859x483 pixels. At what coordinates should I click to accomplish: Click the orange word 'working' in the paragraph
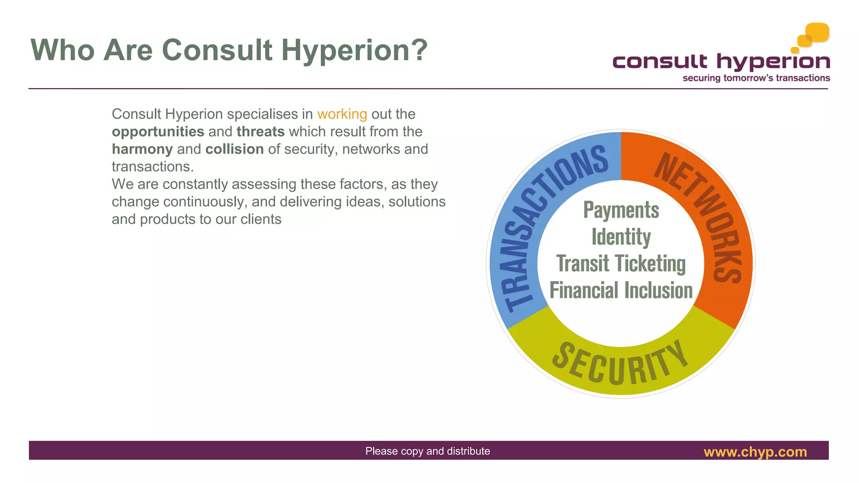click(x=342, y=114)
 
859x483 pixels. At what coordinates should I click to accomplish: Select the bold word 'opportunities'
click(x=158, y=132)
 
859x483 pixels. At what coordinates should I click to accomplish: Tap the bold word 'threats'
click(x=260, y=132)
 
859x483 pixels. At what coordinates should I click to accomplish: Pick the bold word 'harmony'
click(x=142, y=149)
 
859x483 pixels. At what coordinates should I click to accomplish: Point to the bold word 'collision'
click(x=234, y=149)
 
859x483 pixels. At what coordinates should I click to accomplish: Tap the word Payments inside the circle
click(x=621, y=210)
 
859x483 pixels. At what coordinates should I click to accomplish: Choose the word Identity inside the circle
click(x=621, y=237)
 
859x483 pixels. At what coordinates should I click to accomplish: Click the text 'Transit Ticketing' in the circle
click(x=621, y=264)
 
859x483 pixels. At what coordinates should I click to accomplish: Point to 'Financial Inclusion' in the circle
click(x=621, y=290)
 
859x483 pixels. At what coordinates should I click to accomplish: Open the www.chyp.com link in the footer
click(x=755, y=452)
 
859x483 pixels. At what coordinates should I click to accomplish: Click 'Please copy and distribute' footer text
click(x=427, y=451)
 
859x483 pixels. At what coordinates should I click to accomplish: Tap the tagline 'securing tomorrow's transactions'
click(x=756, y=78)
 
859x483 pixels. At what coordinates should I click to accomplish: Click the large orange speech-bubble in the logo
click(x=817, y=32)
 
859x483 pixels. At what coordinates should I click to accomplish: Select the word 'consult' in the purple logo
click(x=660, y=62)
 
